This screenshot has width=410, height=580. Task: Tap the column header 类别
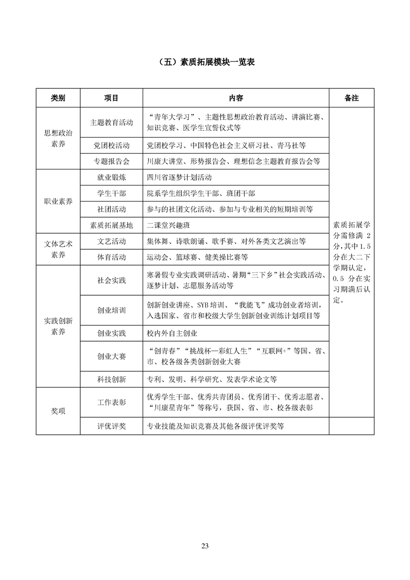point(58,98)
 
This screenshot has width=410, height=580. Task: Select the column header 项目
point(111,98)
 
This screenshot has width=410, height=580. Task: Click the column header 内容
point(236,98)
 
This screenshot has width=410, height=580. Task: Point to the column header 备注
point(352,98)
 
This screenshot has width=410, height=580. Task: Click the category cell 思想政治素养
point(58,139)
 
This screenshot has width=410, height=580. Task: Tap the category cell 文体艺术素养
point(58,249)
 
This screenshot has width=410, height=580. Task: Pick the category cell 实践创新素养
point(58,326)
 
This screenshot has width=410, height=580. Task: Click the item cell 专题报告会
point(111,161)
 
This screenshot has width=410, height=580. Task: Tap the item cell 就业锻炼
point(111,177)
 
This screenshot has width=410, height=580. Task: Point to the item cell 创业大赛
point(111,357)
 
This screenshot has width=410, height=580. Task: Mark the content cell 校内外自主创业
point(172,334)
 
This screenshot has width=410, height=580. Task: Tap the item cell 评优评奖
point(111,426)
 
